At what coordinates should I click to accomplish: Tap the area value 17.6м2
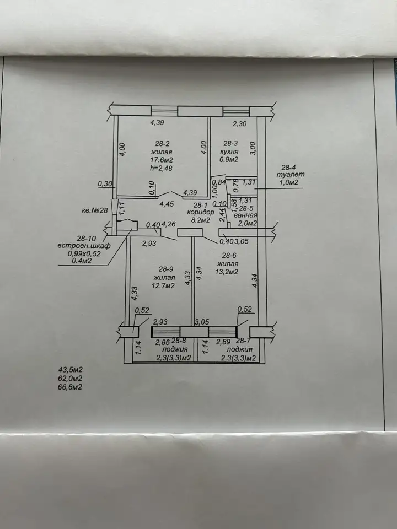tap(162, 160)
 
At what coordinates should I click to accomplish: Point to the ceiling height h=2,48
tap(161, 168)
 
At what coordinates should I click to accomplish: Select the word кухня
tap(228, 152)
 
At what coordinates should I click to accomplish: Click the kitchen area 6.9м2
tap(228, 160)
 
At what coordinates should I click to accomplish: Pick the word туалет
tap(291, 175)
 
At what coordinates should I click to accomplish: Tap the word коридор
tap(201, 212)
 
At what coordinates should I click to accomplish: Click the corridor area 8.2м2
tap(201, 220)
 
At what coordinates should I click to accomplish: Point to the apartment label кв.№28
tap(94, 210)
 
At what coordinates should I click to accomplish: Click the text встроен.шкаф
tap(84, 246)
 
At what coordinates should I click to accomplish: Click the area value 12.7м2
tap(164, 286)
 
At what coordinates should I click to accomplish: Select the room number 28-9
tap(166, 269)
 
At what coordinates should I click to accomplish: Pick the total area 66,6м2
tap(70, 387)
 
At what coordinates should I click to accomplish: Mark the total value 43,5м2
tap(70, 370)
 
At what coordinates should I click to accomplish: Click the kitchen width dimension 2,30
tap(240, 124)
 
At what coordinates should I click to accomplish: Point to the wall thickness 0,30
tap(105, 184)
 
